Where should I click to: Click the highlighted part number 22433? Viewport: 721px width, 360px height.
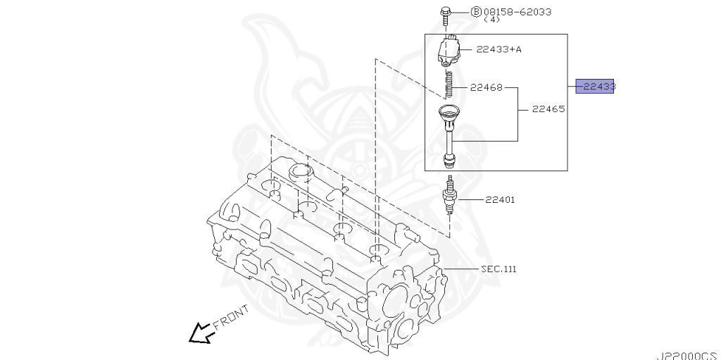[595, 87]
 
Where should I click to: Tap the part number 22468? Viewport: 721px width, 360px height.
[486, 88]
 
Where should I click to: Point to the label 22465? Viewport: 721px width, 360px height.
[548, 109]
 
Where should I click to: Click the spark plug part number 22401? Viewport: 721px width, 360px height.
[500, 199]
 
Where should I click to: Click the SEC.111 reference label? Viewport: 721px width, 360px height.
[499, 269]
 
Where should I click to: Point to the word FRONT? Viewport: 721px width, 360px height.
[230, 318]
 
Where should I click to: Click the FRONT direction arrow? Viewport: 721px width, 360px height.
[201, 333]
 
